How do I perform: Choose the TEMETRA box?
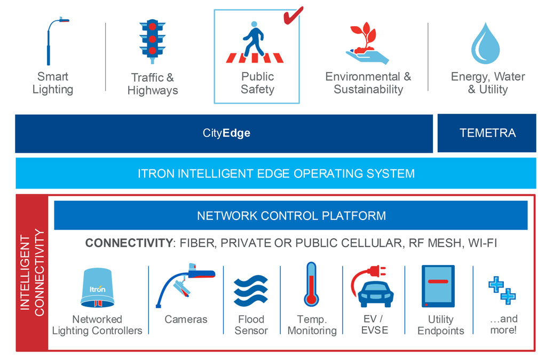[487, 133]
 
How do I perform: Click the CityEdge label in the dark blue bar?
[226, 133]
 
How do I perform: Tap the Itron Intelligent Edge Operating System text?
[276, 174]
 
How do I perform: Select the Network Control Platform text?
[291, 216]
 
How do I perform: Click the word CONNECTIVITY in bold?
[127, 244]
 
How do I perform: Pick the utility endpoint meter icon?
[438, 286]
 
